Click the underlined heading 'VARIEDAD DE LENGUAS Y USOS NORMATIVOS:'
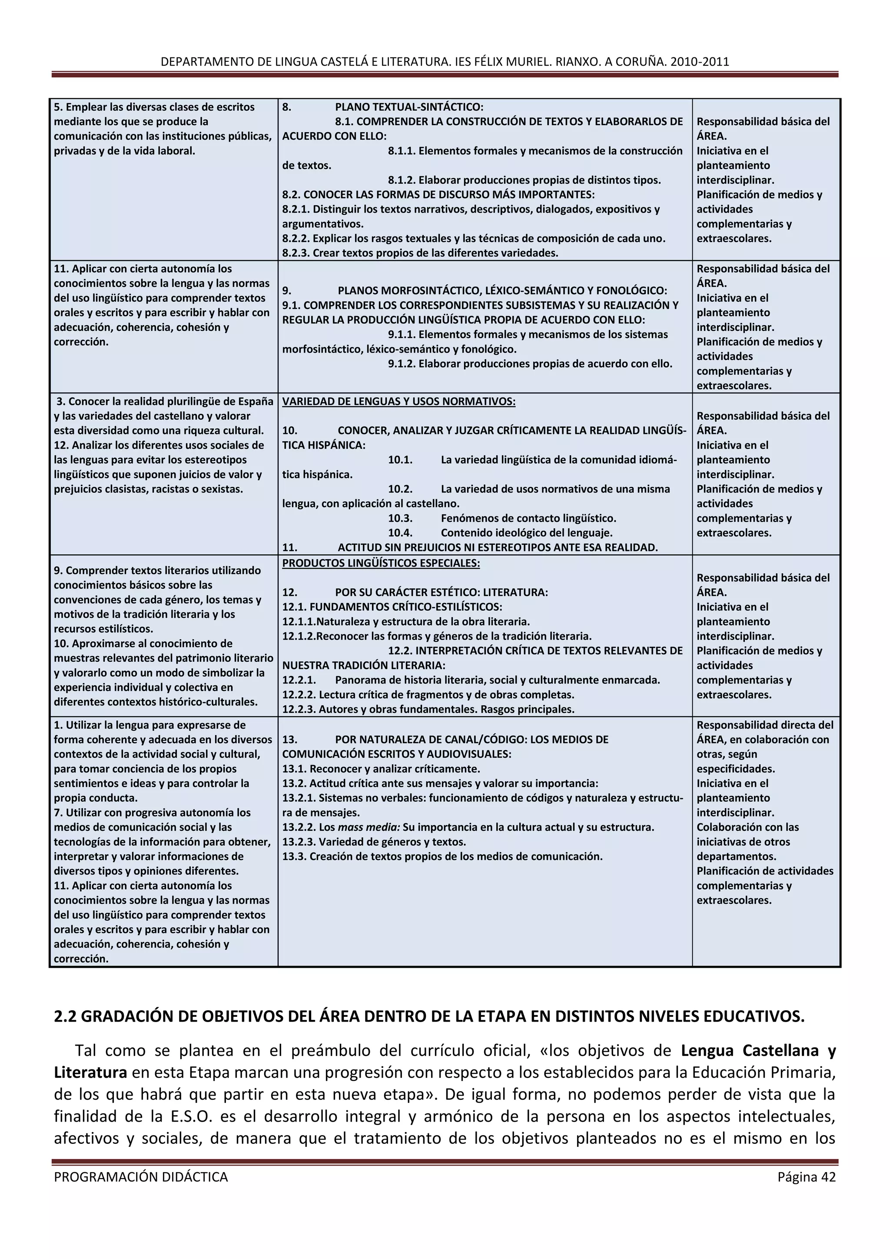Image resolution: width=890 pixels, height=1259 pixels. (399, 401)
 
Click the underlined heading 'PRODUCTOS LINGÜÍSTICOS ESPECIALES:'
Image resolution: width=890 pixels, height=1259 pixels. (381, 563)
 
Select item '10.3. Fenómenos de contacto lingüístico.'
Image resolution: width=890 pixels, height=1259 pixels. (502, 518)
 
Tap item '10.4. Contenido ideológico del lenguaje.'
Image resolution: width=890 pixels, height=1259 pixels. (500, 533)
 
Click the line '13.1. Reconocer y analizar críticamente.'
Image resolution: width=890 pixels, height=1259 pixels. (381, 769)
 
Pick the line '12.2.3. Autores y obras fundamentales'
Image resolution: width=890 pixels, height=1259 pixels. (428, 709)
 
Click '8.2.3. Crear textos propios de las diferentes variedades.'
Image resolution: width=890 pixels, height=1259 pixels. (420, 253)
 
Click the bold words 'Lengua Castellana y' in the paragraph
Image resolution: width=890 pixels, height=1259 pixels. (758, 1051)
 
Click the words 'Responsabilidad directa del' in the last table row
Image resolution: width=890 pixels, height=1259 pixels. (764, 725)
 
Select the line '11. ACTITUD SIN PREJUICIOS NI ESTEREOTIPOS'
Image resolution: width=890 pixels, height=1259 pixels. (470, 547)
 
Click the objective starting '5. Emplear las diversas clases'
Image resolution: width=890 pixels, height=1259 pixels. (154, 107)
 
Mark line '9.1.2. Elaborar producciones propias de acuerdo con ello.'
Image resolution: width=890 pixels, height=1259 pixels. (529, 363)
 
